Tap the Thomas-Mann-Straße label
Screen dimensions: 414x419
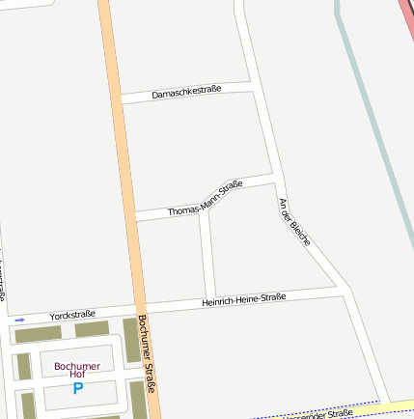205,198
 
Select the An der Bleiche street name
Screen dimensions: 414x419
293,222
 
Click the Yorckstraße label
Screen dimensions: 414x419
72,315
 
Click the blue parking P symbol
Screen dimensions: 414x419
78,388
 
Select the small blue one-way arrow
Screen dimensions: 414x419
20,320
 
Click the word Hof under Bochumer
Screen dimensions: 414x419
77,375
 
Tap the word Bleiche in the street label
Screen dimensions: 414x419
301,235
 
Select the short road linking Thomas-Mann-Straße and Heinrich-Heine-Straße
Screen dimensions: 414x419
207,256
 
